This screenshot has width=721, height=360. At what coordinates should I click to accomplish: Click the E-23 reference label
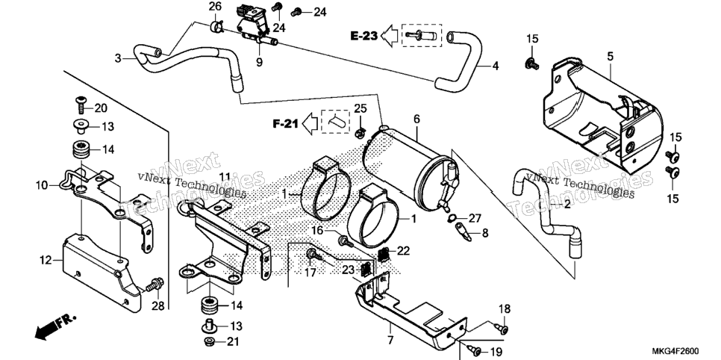pos(363,35)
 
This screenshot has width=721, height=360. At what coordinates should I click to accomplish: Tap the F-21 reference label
pos(286,123)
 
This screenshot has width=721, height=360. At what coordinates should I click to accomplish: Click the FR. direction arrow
pos(55,327)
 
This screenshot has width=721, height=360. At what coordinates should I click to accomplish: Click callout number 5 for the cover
pos(611,57)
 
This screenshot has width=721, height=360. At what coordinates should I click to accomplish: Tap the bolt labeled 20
pos(80,106)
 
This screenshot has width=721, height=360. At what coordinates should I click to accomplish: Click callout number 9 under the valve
pos(259,62)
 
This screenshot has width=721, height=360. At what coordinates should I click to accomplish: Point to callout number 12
pos(46,261)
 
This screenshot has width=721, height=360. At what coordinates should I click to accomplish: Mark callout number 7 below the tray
pos(390,341)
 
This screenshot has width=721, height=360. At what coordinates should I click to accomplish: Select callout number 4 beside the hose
pos(496,66)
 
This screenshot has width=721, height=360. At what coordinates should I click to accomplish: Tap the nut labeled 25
pos(360,133)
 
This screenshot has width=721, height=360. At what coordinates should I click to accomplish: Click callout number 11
pos(224,177)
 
